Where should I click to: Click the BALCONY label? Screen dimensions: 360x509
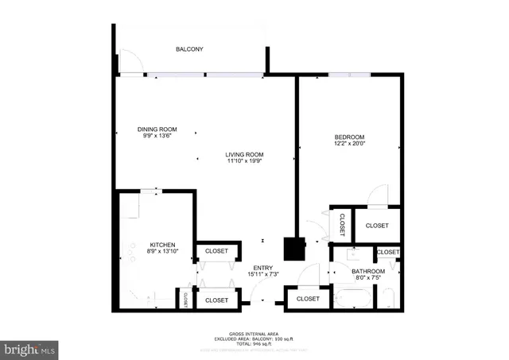189,49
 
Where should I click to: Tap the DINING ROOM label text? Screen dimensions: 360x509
157,129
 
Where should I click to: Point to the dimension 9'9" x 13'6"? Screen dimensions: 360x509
157,136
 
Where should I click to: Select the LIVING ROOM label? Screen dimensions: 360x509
244,154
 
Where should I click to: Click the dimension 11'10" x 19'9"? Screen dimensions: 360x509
244,161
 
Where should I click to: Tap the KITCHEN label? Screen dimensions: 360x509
162,244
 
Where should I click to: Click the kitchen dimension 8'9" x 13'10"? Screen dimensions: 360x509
162,251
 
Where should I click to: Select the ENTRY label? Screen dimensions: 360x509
262,267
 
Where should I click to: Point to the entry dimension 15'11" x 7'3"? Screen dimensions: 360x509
262,274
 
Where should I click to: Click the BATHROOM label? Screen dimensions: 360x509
368,271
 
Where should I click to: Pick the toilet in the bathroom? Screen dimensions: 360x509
388,300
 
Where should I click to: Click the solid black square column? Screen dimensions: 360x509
296,249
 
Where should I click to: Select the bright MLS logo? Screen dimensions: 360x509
30,348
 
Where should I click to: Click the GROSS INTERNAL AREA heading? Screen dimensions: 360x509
254,334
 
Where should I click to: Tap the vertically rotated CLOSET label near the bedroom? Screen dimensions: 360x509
341,225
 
